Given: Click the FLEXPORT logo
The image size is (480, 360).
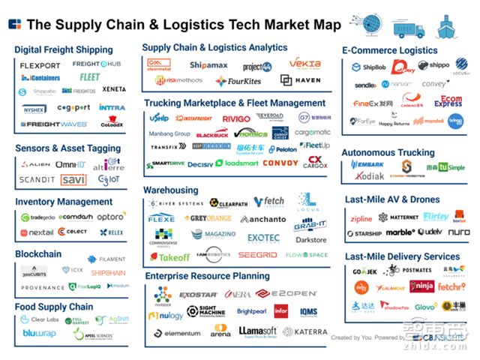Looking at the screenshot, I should [x=40, y=65].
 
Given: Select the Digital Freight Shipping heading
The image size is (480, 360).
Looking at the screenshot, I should [x=63, y=49].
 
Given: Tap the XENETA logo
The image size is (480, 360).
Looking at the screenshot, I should [x=113, y=89].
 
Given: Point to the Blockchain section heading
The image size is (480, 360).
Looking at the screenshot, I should [x=37, y=254].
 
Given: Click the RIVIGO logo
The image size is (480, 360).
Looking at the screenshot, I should [x=237, y=118].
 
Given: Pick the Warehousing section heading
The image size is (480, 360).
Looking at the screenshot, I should [x=171, y=190].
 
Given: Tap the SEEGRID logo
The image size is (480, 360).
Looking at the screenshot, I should [x=257, y=255].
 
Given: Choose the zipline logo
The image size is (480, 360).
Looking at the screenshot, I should [x=361, y=218].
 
